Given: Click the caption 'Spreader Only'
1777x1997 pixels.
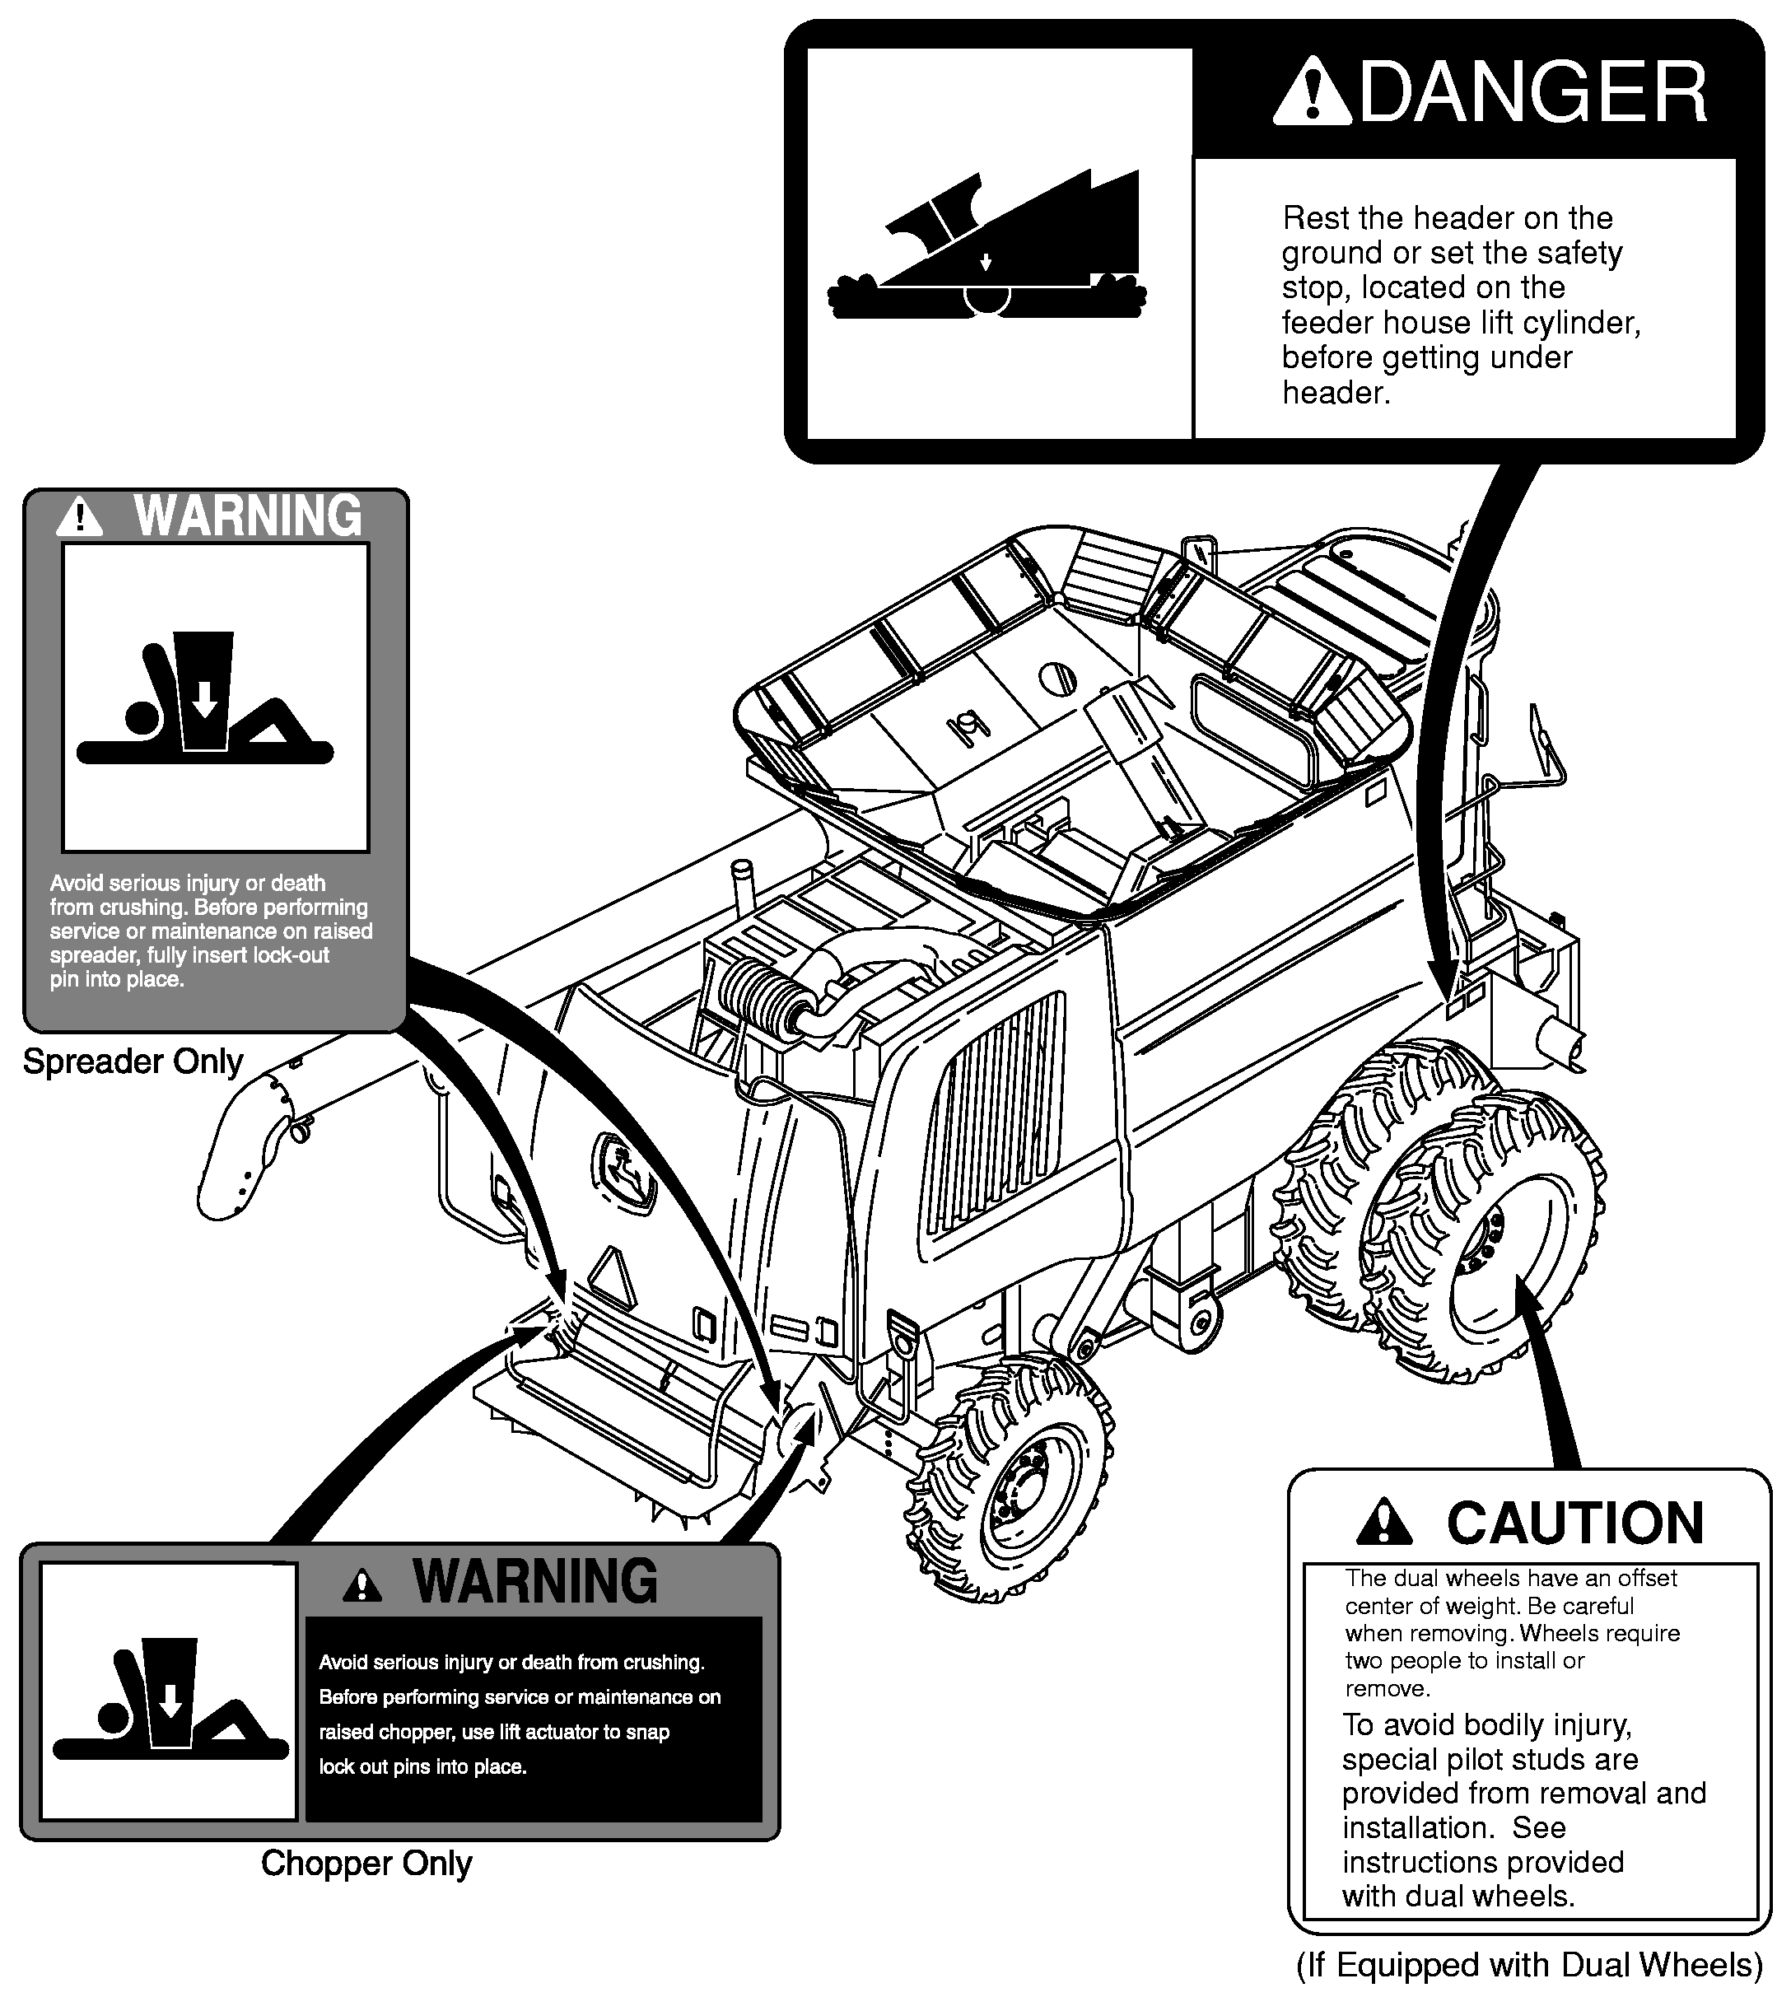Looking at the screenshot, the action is point(133,1062).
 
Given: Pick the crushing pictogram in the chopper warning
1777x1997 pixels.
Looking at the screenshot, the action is point(170,1699).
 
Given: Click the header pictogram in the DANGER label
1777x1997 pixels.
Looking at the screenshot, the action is point(986,245).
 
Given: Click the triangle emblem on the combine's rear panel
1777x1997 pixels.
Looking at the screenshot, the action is point(612,1279).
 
